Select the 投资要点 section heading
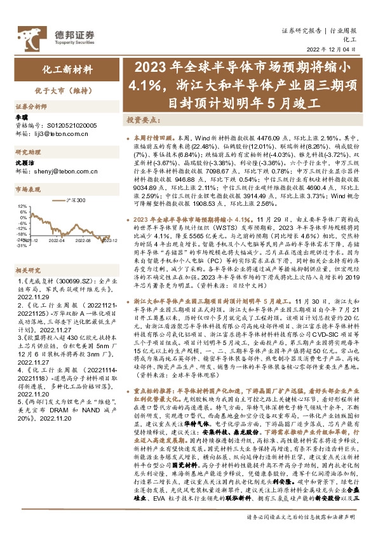142,120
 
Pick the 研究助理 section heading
28,152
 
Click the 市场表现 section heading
28,189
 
